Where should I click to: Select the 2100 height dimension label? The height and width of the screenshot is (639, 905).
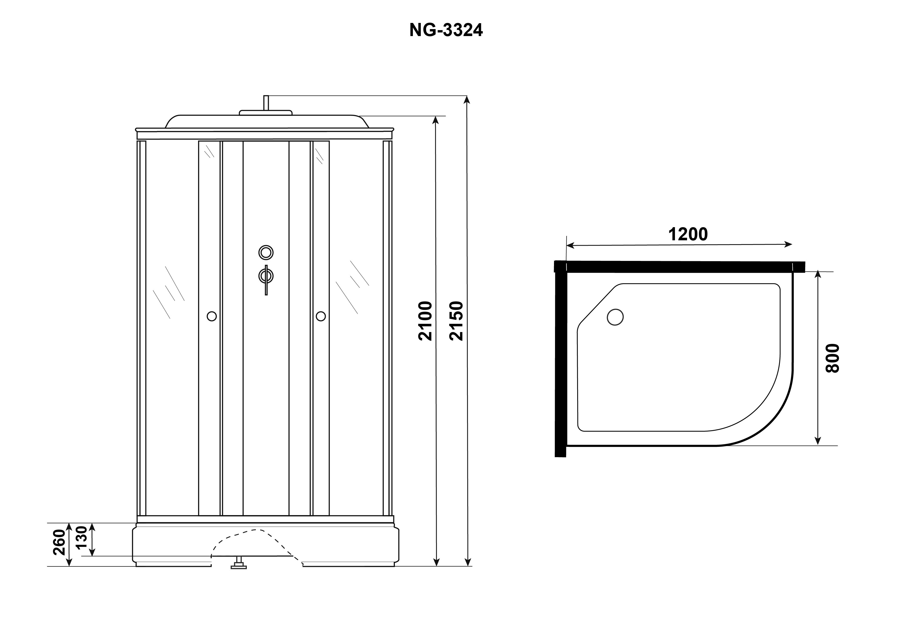click(x=426, y=321)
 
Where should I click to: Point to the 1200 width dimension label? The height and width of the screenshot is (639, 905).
click(x=688, y=234)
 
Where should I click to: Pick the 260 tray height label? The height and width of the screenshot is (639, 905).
click(x=60, y=542)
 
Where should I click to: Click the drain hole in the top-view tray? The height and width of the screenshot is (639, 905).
click(x=615, y=317)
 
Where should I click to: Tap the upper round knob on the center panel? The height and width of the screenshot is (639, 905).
click(x=266, y=252)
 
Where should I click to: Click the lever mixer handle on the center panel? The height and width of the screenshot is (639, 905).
click(x=266, y=280)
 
